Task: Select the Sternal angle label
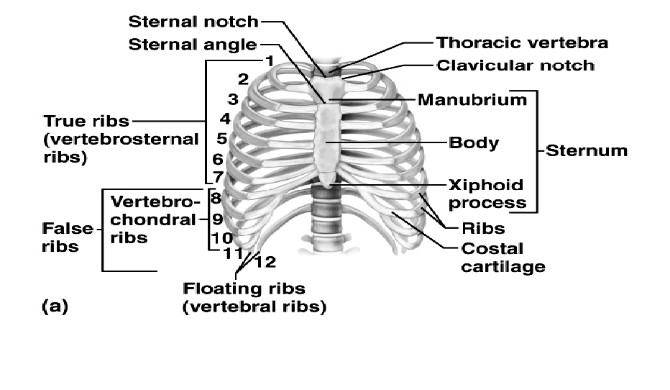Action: (193, 45)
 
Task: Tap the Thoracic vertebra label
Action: (523, 42)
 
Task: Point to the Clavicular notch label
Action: (515, 65)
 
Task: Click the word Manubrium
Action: (472, 99)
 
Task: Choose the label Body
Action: (474, 142)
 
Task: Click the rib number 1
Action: (269, 61)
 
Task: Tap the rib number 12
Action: (265, 262)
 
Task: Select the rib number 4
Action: (225, 118)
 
